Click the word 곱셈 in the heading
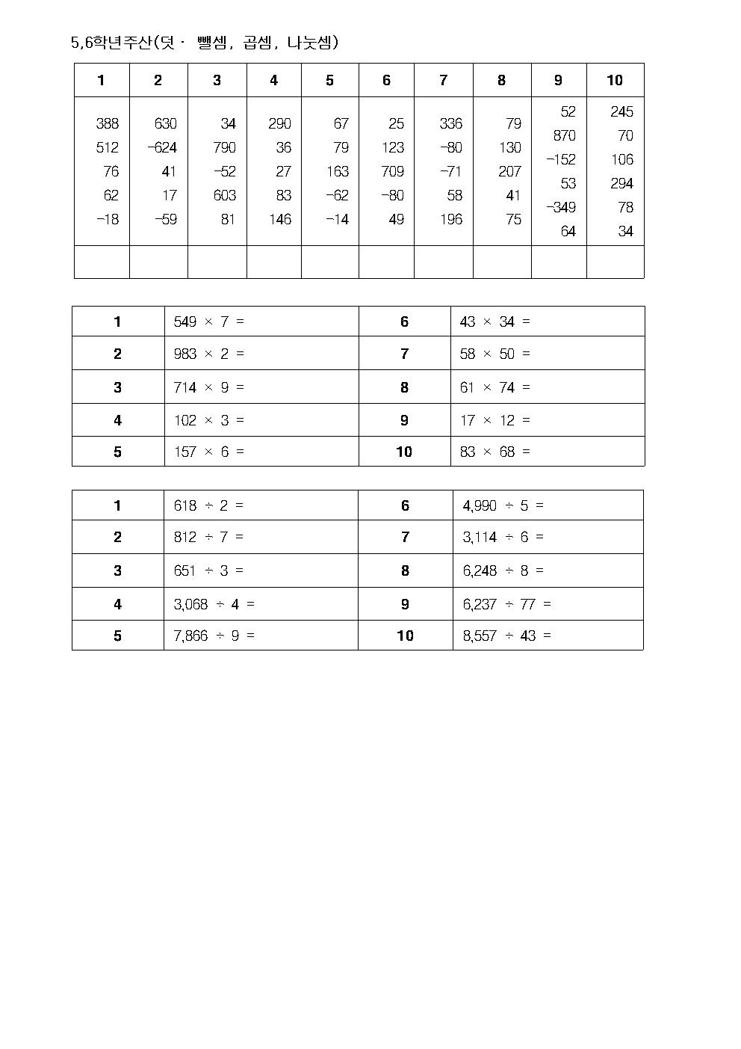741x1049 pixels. pos(258,43)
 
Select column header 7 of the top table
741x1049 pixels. pos(443,81)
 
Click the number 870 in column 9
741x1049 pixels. pos(564,136)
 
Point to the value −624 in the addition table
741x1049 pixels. pos(162,148)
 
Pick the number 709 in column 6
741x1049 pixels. pos(392,172)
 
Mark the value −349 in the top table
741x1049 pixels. pos(561,208)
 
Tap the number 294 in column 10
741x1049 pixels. pos(621,184)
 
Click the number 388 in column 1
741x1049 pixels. pos(108,124)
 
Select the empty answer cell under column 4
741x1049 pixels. pos(274,262)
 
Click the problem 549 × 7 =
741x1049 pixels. pos(208,322)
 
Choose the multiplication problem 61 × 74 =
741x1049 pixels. pos(494,387)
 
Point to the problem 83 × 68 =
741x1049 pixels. pos(494,452)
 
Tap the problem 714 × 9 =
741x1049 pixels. pos(208,387)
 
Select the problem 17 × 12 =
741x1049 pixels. pos(494,420)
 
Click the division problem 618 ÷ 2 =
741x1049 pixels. pos(208,506)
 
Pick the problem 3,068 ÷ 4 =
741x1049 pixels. pos(214,604)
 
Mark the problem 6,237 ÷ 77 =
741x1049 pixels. pos(506,604)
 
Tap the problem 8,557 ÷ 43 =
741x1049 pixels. pos(506,636)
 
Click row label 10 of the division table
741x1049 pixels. pos(405,636)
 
